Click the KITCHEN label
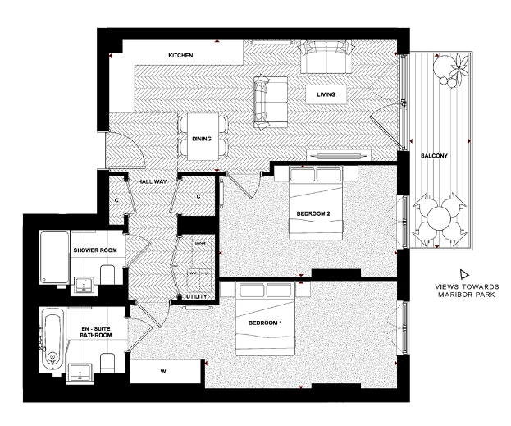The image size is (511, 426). coord(180,55)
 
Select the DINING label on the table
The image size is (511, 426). coord(202,140)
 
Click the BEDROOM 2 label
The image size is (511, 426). coord(313,214)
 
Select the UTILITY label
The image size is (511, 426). coord(196,295)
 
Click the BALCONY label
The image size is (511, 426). coord(434,156)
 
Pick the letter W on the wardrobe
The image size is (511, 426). coord(163,372)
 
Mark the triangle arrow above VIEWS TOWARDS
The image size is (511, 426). coord(463,273)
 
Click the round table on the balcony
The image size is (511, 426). coord(440,218)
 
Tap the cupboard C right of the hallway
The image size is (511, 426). coord(199,196)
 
